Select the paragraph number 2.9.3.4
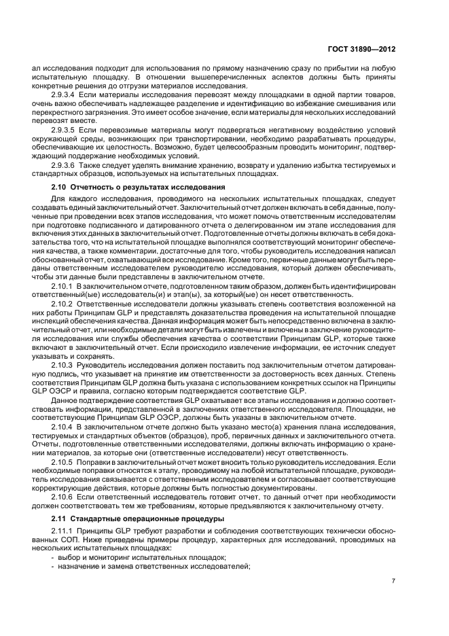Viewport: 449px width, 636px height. (65, 96)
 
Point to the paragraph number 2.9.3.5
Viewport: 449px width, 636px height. (65, 129)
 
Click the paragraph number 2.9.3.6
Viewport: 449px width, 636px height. (65, 165)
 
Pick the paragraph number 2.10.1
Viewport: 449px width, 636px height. (62, 287)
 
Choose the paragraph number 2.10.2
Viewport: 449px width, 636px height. (62, 304)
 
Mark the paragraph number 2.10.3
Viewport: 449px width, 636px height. (62, 364)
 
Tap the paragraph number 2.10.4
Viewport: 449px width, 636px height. (62, 426)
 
